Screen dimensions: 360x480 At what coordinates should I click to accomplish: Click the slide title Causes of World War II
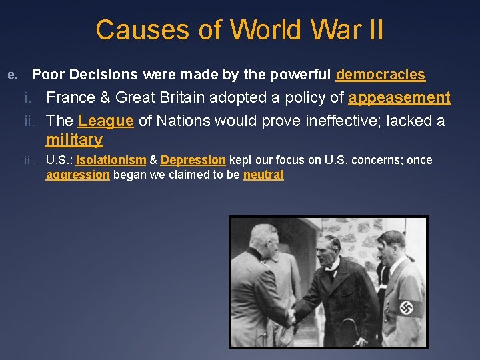point(239,30)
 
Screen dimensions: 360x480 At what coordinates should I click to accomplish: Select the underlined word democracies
point(380,75)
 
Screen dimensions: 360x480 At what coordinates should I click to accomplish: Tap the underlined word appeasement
point(399,98)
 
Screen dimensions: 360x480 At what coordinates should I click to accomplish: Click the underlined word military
point(74,139)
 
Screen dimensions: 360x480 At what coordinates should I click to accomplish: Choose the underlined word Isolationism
point(111,160)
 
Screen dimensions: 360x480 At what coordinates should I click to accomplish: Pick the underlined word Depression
point(193,160)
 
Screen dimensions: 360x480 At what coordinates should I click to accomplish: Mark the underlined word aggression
point(77,175)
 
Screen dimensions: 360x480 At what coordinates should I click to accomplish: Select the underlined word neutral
point(263,175)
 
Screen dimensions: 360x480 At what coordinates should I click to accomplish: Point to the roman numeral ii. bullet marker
point(33,122)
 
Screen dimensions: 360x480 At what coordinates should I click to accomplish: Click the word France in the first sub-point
point(70,98)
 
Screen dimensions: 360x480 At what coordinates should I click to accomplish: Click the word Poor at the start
point(47,75)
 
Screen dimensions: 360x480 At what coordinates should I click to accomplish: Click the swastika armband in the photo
point(407,307)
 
